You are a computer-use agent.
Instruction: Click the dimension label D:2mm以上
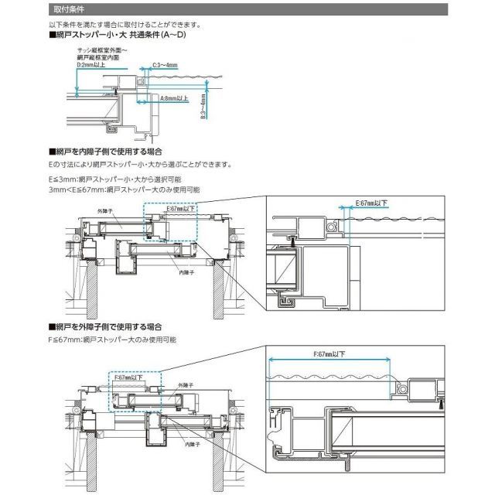pos(90,65)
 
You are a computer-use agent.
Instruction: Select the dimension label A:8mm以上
pos(175,99)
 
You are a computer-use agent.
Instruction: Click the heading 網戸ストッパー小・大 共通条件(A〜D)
pos(117,36)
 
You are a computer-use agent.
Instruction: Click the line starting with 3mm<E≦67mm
pos(124,189)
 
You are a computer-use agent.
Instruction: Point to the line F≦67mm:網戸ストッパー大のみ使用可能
pos(112,339)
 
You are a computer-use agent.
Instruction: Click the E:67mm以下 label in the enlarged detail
pos(372,203)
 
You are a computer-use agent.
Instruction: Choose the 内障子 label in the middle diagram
pos(186,272)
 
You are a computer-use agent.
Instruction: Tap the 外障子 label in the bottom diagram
pos(183,384)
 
